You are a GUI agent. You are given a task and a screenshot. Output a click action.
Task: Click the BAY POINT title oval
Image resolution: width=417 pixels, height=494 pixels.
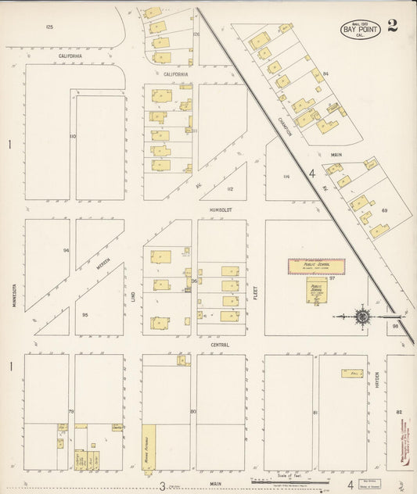[x=360, y=30]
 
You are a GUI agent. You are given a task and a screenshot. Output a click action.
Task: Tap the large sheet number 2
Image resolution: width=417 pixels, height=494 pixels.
[x=392, y=24]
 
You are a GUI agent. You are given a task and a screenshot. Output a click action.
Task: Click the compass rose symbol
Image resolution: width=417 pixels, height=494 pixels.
[x=362, y=317]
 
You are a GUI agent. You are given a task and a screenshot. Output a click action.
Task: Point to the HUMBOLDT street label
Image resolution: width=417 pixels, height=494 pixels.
[x=221, y=210]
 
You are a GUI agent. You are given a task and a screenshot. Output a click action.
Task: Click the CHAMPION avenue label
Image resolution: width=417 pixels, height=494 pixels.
[x=285, y=122]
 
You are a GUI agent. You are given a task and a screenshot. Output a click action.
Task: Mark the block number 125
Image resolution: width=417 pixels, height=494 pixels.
[x=49, y=27]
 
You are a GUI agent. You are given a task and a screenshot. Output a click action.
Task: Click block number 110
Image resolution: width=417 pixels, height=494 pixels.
[x=72, y=137]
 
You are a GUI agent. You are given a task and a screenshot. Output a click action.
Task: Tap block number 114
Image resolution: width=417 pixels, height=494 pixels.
[x=286, y=177]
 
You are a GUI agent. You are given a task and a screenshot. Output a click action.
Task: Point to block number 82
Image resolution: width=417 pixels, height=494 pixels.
[x=398, y=412]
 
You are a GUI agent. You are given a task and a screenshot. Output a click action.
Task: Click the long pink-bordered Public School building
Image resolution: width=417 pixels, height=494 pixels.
[x=316, y=267]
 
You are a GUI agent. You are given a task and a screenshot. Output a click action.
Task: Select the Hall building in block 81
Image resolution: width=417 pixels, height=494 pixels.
[x=351, y=374]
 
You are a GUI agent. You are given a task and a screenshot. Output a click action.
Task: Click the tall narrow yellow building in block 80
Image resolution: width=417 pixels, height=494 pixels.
[x=149, y=449]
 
